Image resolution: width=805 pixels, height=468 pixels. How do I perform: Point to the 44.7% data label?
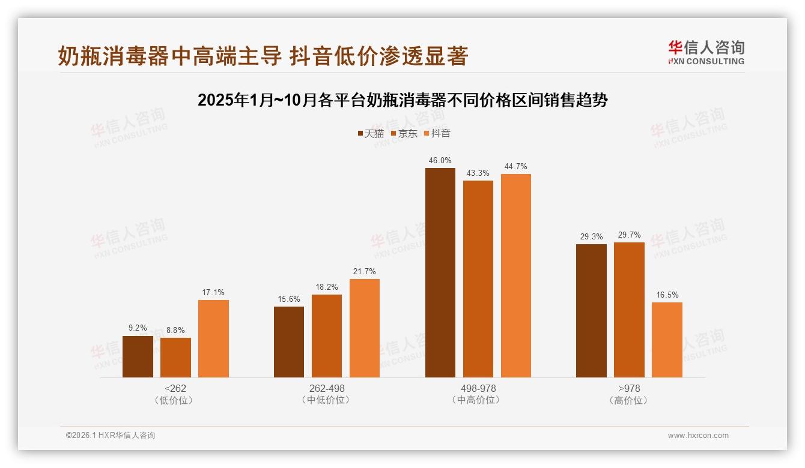click(x=515, y=167)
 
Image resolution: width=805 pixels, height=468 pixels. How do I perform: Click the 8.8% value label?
click(x=175, y=331)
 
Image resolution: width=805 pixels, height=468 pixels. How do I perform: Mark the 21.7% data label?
click(x=365, y=272)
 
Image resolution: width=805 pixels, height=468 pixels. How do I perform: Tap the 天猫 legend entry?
click(x=370, y=134)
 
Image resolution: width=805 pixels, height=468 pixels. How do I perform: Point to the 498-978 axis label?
click(x=478, y=388)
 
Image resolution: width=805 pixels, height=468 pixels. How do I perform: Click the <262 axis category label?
click(x=175, y=388)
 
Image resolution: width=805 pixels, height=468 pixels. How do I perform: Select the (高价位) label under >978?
click(x=629, y=400)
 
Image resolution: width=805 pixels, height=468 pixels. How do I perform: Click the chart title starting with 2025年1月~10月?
click(x=402, y=100)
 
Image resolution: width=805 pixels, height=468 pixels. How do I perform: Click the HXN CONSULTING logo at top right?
click(x=706, y=52)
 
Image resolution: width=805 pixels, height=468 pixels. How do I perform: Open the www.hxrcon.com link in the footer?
click(x=698, y=436)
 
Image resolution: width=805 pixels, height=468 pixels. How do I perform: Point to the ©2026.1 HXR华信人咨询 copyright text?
click(x=111, y=436)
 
